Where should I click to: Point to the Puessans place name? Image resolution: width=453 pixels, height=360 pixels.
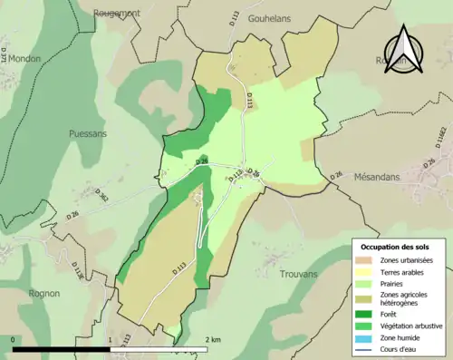pyautogui.click(x=89, y=132)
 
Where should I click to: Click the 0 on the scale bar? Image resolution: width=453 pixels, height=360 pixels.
pyautogui.click(x=14, y=339)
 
